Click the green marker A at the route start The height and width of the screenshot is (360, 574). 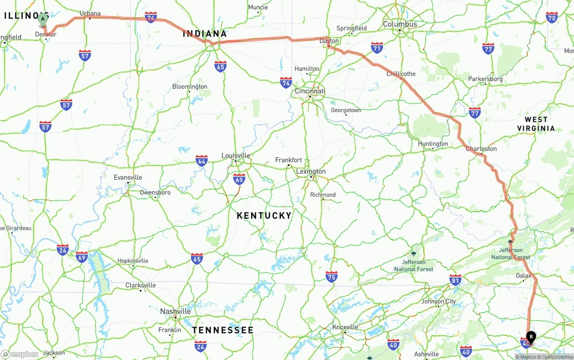click(43, 19)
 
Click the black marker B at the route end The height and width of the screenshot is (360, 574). click(531, 337)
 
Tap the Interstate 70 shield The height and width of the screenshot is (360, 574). click(552, 17)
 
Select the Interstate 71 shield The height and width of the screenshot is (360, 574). click(377, 48)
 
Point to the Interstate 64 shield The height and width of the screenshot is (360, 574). click(201, 161)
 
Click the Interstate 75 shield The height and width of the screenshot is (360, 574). click(331, 277)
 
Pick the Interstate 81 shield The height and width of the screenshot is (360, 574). click(455, 280)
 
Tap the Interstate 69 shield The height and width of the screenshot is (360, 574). click(82, 257)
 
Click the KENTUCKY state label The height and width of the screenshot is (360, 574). click(264, 216)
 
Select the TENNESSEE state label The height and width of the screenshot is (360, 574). click(223, 330)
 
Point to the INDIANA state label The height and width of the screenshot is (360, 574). click(204, 34)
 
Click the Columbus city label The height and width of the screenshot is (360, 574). click(400, 24)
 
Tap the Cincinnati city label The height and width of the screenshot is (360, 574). click(309, 91)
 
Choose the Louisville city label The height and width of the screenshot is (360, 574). click(236, 156)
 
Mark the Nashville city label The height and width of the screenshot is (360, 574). click(175, 311)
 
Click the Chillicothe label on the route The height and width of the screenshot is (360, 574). click(401, 74)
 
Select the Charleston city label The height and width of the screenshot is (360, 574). click(481, 148)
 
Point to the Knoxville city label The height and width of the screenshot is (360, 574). click(346, 327)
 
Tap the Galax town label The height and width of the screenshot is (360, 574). click(523, 276)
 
